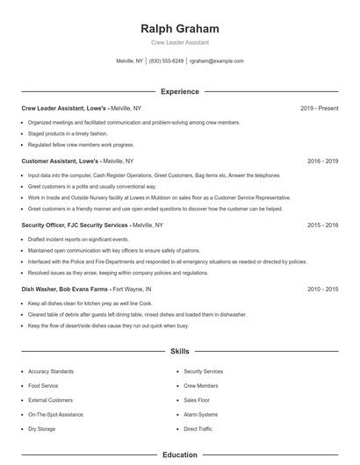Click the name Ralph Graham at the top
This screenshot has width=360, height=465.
[180, 28]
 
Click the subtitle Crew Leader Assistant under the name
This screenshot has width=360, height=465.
[180, 42]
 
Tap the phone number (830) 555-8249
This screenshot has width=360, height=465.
[166, 61]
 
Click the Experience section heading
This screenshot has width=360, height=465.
[180, 91]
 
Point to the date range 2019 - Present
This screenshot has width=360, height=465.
[319, 108]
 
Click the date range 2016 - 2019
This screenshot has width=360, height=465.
[322, 161]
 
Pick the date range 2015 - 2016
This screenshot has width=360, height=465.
[322, 225]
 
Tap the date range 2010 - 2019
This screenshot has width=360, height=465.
[322, 289]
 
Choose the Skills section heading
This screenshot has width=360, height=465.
[180, 352]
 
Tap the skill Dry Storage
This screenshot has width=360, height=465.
[42, 429]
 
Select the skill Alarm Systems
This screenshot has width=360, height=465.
[201, 415]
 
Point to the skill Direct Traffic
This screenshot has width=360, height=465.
[198, 429]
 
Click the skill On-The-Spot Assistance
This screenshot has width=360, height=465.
[56, 415]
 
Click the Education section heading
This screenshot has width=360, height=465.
[180, 455]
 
